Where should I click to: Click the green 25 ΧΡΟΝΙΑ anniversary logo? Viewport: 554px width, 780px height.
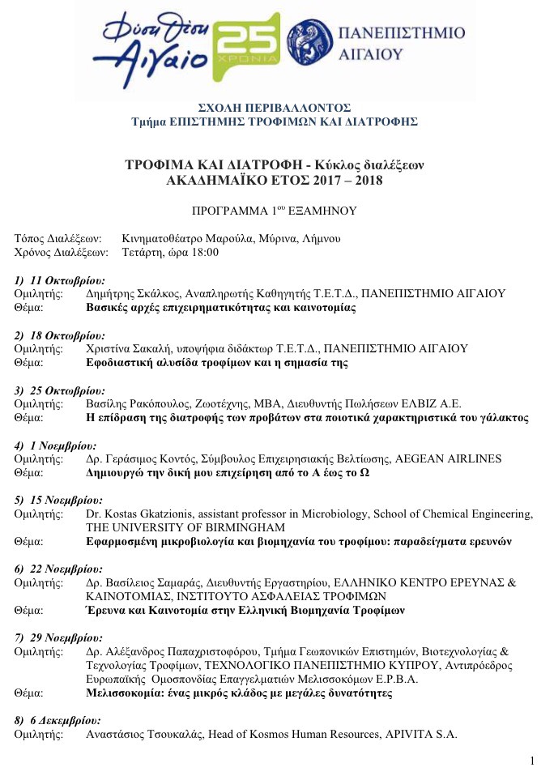pyautogui.click(x=249, y=46)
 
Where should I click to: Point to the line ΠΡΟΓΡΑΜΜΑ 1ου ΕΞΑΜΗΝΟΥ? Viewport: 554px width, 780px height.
pyautogui.click(x=274, y=211)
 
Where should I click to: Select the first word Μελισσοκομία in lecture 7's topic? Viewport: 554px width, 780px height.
pyautogui.click(x=126, y=693)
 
